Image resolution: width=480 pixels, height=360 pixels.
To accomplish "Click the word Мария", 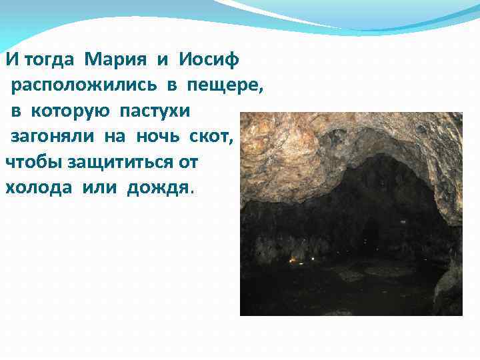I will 117,59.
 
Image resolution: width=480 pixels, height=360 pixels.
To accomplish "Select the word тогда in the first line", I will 47,59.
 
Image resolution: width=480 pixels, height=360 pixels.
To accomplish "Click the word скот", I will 211,137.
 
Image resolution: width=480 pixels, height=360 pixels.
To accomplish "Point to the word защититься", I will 114,162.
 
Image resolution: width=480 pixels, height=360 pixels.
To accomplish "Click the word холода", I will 40,187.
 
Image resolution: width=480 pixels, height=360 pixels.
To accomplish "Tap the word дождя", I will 157,187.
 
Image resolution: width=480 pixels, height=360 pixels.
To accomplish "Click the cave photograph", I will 351,213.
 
